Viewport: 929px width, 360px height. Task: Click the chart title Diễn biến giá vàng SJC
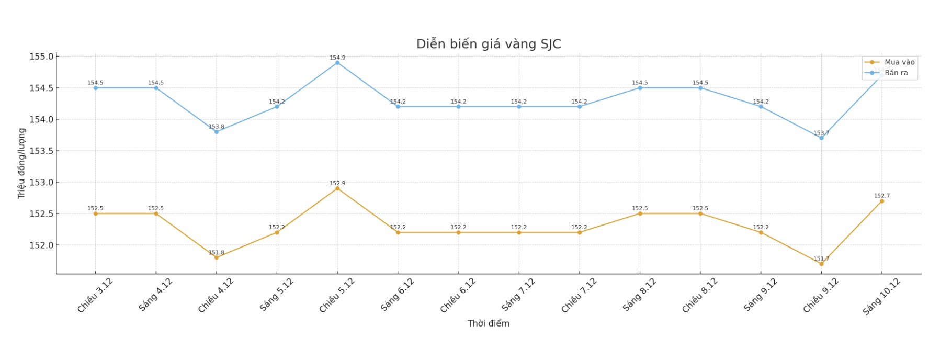coord(488,44)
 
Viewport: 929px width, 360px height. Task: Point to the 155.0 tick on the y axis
coord(41,57)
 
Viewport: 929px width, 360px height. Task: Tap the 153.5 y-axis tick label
coord(41,151)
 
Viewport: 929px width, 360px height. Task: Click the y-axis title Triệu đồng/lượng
coord(21,163)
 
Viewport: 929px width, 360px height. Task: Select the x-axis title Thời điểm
coord(488,323)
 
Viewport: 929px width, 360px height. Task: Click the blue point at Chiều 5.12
coord(337,63)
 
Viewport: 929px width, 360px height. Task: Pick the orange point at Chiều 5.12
coord(337,188)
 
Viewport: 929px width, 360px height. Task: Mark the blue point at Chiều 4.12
coord(216,132)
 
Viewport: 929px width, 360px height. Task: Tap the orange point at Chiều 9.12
coord(821,264)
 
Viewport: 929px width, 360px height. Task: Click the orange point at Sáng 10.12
coord(882,201)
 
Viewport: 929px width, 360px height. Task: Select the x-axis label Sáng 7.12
coord(518,295)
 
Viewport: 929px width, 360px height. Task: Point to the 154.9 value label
coord(337,58)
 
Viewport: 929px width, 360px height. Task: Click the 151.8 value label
coord(216,253)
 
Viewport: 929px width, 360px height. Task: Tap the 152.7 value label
coord(882,196)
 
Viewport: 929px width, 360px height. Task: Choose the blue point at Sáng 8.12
coord(640,88)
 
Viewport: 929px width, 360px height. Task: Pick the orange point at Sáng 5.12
coord(277,232)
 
